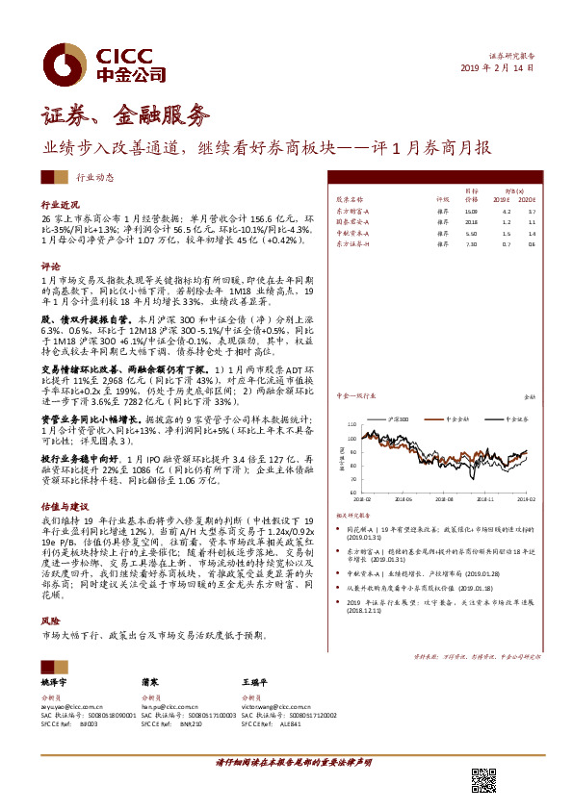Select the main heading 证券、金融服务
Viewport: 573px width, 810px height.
125,116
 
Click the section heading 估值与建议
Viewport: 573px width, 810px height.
65,505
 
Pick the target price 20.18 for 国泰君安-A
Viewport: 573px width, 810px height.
471,221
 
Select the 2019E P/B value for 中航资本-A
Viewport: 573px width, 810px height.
507,234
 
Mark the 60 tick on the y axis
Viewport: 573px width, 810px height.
369,492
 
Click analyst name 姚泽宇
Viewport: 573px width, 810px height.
57,680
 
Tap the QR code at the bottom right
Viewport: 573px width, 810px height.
482,780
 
